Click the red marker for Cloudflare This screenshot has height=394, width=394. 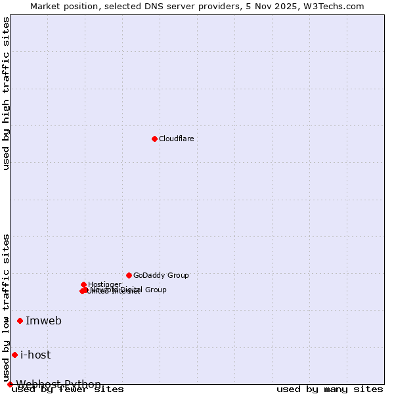[x=154, y=139]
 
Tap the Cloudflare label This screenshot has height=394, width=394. [x=177, y=139]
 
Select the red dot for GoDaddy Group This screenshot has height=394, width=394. [x=129, y=275]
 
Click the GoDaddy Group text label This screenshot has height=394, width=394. [x=161, y=275]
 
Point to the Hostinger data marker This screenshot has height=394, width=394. [x=83, y=284]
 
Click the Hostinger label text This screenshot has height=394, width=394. [x=104, y=284]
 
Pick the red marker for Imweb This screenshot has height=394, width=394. [x=20, y=320]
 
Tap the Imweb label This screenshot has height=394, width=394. [x=43, y=320]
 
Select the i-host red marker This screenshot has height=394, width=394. [x=14, y=355]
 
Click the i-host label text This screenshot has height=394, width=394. [x=35, y=355]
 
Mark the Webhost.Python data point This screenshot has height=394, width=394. [x=10, y=384]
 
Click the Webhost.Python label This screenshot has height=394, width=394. [x=58, y=384]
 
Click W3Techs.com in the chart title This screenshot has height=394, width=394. [x=334, y=7]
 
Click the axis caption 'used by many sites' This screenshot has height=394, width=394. [x=330, y=389]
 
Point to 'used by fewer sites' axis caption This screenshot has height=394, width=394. [x=68, y=389]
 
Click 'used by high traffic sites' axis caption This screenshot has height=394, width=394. [x=7, y=93]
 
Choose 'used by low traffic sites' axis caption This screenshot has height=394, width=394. [x=7, y=307]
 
